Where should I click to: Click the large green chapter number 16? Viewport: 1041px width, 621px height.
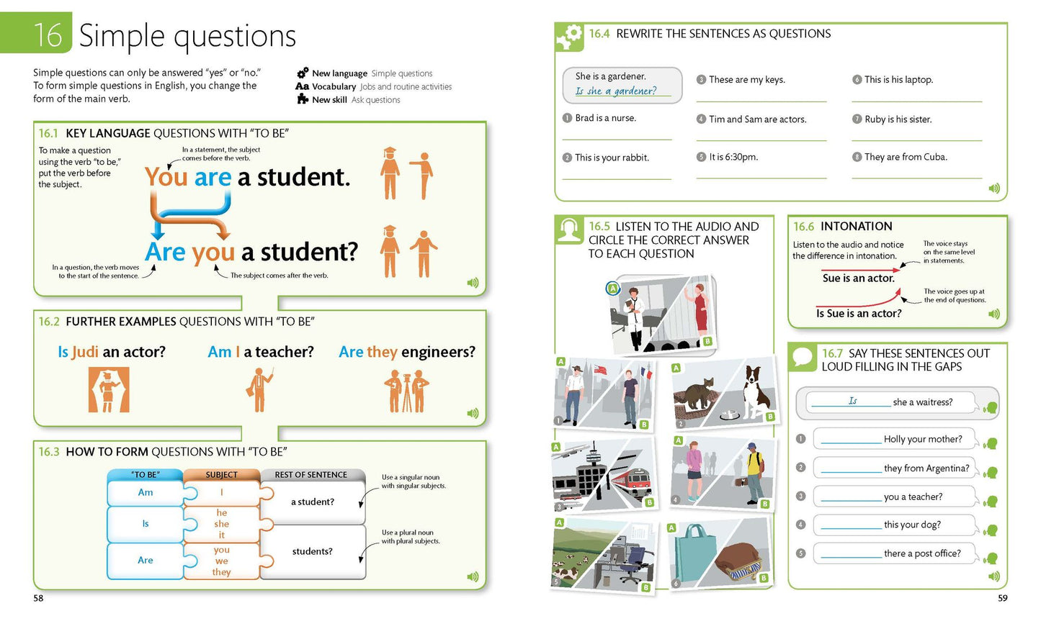[48, 35]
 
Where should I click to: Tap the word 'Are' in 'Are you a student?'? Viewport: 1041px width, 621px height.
[165, 252]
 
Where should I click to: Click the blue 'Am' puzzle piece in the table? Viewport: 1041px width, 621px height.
[146, 492]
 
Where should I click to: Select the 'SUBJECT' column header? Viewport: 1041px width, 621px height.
[222, 474]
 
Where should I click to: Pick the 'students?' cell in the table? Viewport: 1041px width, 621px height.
[313, 551]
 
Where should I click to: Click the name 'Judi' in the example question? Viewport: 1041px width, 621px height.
[85, 352]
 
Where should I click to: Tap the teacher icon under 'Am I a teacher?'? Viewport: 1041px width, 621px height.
[259, 390]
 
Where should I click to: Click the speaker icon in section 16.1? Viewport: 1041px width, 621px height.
[473, 283]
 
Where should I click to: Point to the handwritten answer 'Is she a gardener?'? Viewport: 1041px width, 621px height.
[616, 91]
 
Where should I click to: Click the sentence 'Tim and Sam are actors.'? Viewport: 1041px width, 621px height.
[757, 119]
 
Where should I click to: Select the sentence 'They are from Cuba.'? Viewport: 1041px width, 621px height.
[906, 157]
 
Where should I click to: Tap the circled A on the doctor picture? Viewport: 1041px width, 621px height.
[613, 289]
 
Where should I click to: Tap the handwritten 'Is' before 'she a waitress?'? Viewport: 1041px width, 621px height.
[852, 401]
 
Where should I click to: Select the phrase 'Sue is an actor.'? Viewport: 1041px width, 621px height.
[858, 278]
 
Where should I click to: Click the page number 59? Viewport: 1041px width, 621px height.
[1002, 598]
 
